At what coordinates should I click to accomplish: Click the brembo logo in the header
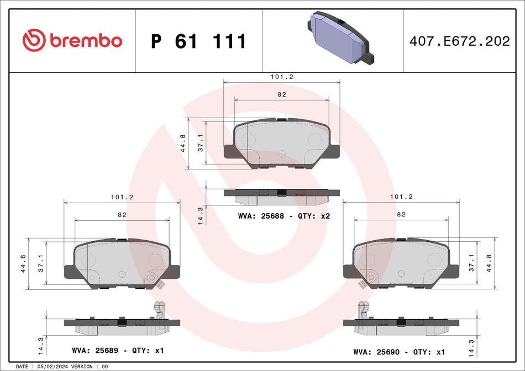pyautogui.click(x=72, y=40)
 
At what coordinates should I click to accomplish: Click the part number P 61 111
pyautogui.click(x=198, y=41)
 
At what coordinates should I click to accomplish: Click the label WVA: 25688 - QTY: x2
pyautogui.click(x=283, y=216)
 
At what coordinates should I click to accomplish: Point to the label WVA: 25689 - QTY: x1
pyautogui.click(x=118, y=351)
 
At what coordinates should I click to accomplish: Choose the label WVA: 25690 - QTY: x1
pyautogui.click(x=399, y=352)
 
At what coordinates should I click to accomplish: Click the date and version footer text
pyautogui.click(x=62, y=367)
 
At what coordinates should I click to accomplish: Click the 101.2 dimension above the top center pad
pyautogui.click(x=282, y=78)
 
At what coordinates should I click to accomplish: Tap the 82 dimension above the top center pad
pyautogui.click(x=282, y=95)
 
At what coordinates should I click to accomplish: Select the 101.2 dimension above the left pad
pyautogui.click(x=122, y=197)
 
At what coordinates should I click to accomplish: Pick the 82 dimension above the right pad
pyautogui.click(x=401, y=214)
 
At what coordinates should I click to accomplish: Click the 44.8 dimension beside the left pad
pyautogui.click(x=23, y=263)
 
